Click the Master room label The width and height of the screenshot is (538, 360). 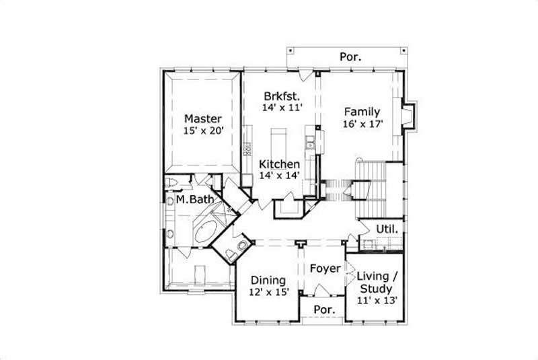pyautogui.click(x=203, y=119)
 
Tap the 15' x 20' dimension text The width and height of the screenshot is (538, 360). pyautogui.click(x=203, y=131)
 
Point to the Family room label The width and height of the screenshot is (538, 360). pyautogui.click(x=362, y=112)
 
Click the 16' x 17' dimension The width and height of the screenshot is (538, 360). pyautogui.click(x=362, y=124)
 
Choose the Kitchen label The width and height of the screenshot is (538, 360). pyautogui.click(x=280, y=164)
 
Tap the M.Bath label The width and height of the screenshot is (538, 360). pyautogui.click(x=195, y=200)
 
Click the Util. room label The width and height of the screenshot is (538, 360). pyautogui.click(x=387, y=229)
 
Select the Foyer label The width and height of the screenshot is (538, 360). pyautogui.click(x=325, y=268)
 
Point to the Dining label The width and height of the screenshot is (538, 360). pyautogui.click(x=268, y=280)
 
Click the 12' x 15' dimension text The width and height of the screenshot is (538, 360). pyautogui.click(x=268, y=292)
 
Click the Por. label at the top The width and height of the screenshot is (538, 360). pyautogui.click(x=349, y=57)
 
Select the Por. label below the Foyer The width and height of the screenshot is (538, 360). pyautogui.click(x=325, y=310)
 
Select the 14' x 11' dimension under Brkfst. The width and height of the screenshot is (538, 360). pyautogui.click(x=282, y=107)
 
